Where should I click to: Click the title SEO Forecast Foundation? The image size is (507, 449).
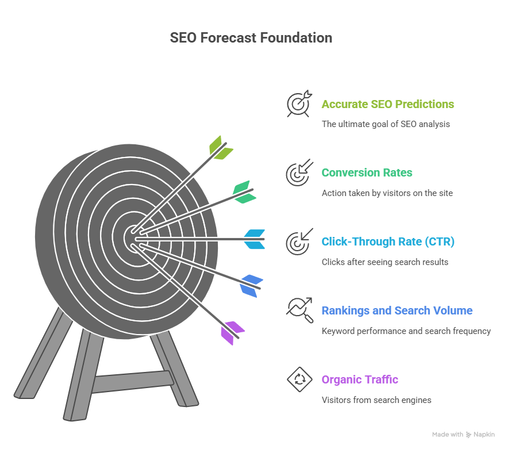point(251,37)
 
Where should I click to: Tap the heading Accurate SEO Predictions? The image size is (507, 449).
point(387,104)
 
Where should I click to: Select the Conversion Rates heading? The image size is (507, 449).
point(367,172)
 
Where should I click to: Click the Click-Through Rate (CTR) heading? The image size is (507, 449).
point(388,241)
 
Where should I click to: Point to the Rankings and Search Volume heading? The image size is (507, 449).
point(397,310)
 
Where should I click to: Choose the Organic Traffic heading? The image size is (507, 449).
point(360,379)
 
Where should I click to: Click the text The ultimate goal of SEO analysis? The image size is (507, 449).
point(386,124)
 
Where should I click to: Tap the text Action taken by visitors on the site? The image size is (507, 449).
point(387,193)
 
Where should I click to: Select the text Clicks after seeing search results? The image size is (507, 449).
point(385,262)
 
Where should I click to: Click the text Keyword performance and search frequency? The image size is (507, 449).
point(406,331)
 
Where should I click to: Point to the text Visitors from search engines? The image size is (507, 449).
point(377,400)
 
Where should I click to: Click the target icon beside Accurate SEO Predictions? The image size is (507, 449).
point(299,103)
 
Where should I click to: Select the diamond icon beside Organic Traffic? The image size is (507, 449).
point(299,379)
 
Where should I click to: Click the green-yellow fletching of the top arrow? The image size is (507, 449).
point(221,148)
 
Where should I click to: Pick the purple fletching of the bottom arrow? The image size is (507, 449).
point(232,333)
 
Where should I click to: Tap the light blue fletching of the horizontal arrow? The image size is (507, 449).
point(255,239)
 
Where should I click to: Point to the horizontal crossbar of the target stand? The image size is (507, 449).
point(133,382)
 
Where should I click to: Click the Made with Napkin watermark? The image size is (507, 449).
point(463,435)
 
